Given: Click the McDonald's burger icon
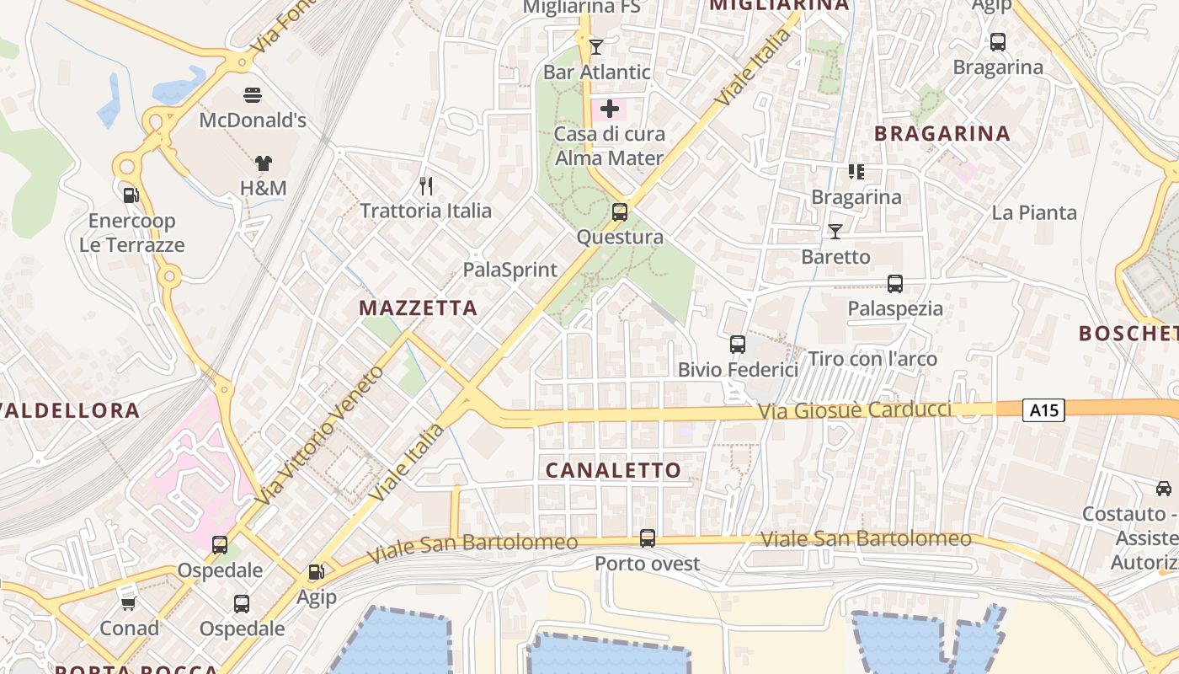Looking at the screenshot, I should click(x=252, y=94).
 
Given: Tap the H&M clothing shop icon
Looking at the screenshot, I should click(x=264, y=163).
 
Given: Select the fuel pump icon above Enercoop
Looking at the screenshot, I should click(x=131, y=195).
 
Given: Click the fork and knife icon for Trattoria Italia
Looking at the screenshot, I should click(x=426, y=185).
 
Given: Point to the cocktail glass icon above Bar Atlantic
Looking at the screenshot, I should click(x=596, y=46).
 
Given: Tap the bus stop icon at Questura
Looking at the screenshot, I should click(x=620, y=211).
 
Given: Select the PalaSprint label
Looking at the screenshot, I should click(x=510, y=270).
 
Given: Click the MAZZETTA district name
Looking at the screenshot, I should click(x=419, y=308).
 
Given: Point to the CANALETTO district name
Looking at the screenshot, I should click(x=613, y=470).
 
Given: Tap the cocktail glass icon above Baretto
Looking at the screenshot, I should click(x=835, y=231).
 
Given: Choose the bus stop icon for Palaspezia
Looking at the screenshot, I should click(x=895, y=284).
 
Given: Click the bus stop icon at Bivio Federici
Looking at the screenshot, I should click(x=738, y=344).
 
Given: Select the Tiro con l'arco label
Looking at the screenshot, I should click(x=872, y=359).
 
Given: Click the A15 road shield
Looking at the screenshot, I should click(x=1044, y=410).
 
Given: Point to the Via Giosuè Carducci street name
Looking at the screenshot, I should click(x=855, y=410).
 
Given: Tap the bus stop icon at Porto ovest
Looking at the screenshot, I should click(x=648, y=538).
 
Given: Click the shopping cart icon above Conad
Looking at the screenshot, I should click(x=129, y=603).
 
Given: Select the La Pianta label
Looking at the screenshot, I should click(x=1034, y=212).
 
